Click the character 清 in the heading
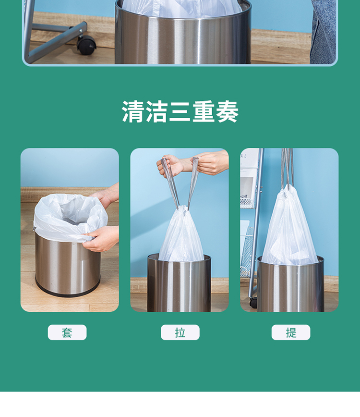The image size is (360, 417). tap(133, 111)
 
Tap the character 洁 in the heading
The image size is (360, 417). tap(157, 111)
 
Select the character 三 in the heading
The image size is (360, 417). tap(180, 111)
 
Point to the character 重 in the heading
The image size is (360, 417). tap(204, 111)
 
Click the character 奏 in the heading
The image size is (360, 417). tap(227, 111)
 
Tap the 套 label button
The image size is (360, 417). tap(67, 332)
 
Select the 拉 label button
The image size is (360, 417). tap(180, 332)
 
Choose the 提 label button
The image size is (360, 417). tap(291, 332)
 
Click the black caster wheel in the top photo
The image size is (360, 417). tap(86, 45)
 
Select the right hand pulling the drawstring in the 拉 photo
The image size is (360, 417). tap(211, 162)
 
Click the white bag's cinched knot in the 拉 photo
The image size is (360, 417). tap(183, 209)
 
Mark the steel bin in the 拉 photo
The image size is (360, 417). tap(180, 282)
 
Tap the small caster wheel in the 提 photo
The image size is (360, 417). tap(253, 303)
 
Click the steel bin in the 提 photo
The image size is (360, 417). tap(290, 283)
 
